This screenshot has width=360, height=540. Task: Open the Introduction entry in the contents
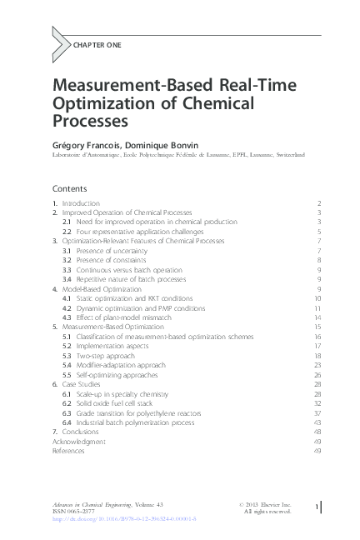pos(81,203)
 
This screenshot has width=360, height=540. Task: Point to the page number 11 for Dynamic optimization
pos(317,307)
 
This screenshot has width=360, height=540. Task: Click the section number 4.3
pos(67,317)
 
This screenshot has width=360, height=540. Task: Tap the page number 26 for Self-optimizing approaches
pos(317,375)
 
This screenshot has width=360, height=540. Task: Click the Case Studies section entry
pos(82,385)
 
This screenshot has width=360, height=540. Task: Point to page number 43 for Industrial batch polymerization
pos(317,422)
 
